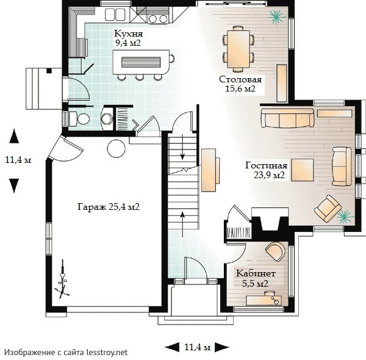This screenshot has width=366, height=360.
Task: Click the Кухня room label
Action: click(128, 34)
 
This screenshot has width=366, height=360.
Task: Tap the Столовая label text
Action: click(240, 79)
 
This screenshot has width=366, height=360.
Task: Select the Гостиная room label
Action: click(266, 165)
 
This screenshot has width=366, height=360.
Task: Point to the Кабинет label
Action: click(256, 273)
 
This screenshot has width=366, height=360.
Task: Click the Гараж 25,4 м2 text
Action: click(109, 207)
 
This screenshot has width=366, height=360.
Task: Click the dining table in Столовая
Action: click(239, 49)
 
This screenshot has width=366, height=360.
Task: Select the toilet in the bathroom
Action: click(79, 118)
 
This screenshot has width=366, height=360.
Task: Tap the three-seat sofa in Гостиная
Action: click(287, 118)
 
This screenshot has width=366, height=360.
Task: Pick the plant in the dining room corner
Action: click(278, 16)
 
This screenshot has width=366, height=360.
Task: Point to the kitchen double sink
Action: click(115, 15)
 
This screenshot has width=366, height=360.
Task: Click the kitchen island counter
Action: click(141, 62)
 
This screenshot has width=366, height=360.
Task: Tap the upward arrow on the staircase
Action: click(182, 224)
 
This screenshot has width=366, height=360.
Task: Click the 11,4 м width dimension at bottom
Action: click(197, 347)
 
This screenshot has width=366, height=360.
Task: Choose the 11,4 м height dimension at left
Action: click(18, 160)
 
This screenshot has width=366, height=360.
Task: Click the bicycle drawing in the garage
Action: click(62, 279)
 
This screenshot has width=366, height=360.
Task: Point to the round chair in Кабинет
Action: click(275, 251)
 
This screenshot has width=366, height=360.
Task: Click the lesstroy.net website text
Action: click(107, 352)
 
